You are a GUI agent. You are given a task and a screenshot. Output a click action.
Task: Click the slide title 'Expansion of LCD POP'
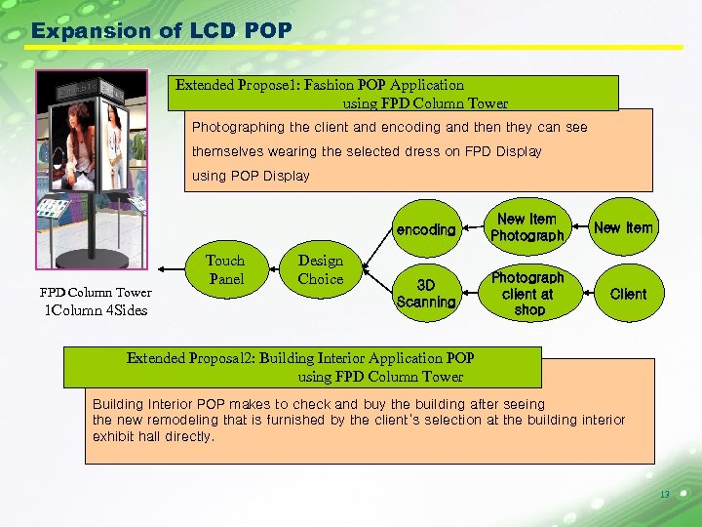pos(161,30)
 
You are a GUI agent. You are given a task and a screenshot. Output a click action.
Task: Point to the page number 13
pos(664,495)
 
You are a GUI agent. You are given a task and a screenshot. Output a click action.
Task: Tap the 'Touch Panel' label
pos(225,269)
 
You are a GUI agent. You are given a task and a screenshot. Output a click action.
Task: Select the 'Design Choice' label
pos(321,269)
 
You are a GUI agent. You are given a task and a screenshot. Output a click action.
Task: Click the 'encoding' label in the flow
pos(426,230)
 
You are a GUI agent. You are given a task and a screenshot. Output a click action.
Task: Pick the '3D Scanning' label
pos(426,294)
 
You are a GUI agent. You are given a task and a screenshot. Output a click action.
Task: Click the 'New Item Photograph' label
pos(526,227)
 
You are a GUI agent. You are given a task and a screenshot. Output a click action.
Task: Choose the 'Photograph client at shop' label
pos(527,294)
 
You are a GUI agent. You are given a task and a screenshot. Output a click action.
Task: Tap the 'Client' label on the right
pos(628,294)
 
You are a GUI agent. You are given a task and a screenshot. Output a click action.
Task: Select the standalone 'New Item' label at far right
pos(623,227)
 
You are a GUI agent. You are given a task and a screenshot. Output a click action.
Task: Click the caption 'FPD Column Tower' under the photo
pos(96,293)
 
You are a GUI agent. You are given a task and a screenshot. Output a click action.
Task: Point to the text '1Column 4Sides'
pos(96,311)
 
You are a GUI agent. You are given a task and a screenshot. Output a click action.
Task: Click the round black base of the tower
pos(95,260)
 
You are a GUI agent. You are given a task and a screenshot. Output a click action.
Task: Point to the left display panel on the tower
pos(73,146)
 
